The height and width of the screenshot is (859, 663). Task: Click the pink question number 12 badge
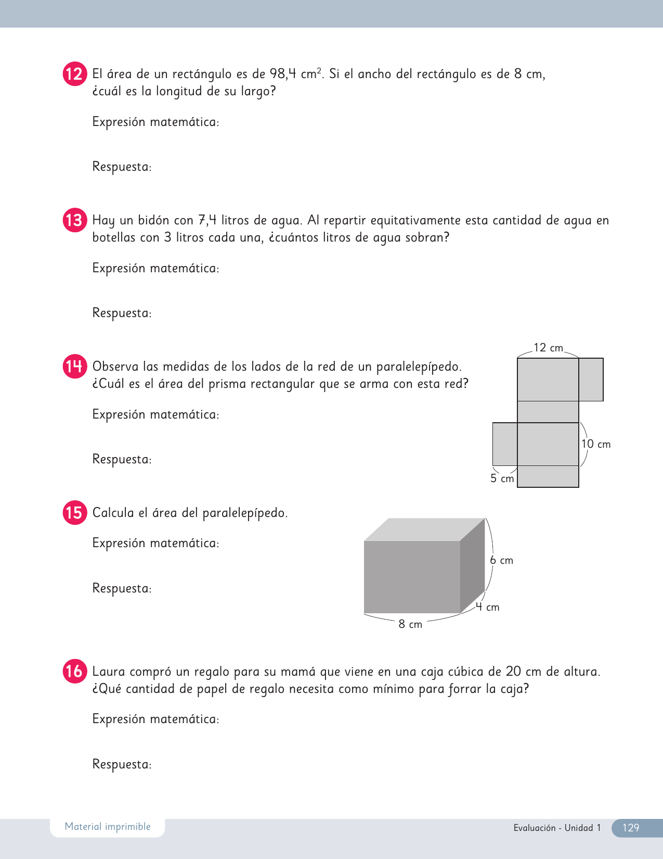[74, 74]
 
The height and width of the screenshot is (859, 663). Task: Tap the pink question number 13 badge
[74, 220]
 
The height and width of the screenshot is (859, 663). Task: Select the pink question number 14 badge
[74, 367]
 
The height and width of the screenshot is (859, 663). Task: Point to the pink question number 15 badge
[74, 513]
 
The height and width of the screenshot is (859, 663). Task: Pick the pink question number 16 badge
[74, 671]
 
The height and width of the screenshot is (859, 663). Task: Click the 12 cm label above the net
[548, 348]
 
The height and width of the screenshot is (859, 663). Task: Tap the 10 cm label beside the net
[595, 444]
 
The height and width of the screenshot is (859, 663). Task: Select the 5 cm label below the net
[502, 478]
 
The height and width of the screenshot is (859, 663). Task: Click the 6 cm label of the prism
[501, 560]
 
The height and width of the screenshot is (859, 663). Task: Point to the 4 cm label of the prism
[487, 607]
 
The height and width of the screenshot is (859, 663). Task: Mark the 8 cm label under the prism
[410, 624]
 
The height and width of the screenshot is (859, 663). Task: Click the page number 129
[630, 828]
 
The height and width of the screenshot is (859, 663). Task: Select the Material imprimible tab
[108, 827]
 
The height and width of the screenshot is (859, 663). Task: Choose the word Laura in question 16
[108, 672]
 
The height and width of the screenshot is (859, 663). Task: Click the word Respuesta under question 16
[121, 764]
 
